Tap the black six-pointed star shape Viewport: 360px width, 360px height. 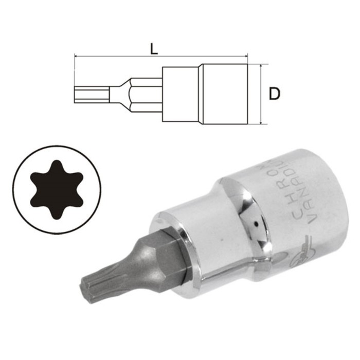click(x=57, y=190)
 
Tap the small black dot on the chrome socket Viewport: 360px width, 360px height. click(x=256, y=224)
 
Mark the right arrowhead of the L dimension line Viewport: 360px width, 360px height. click(x=247, y=56)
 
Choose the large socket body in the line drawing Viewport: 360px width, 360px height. click(x=226, y=94)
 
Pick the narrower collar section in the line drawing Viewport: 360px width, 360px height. click(x=180, y=94)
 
